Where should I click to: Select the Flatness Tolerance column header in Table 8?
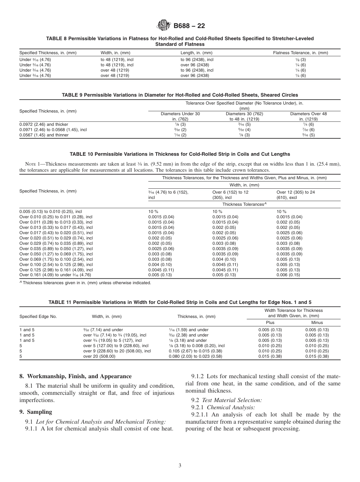(x=301, y=53)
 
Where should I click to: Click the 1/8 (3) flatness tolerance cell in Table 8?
(x=303, y=59)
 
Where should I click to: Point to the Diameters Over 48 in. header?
(x=308, y=116)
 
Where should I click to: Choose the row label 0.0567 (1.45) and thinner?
(x=44, y=135)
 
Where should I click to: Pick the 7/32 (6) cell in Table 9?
(x=308, y=130)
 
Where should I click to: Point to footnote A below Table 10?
(x=85, y=283)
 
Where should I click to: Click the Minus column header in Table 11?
(x=317, y=322)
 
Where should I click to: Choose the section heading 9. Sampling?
(x=36, y=412)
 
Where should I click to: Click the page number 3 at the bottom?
(x=180, y=465)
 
